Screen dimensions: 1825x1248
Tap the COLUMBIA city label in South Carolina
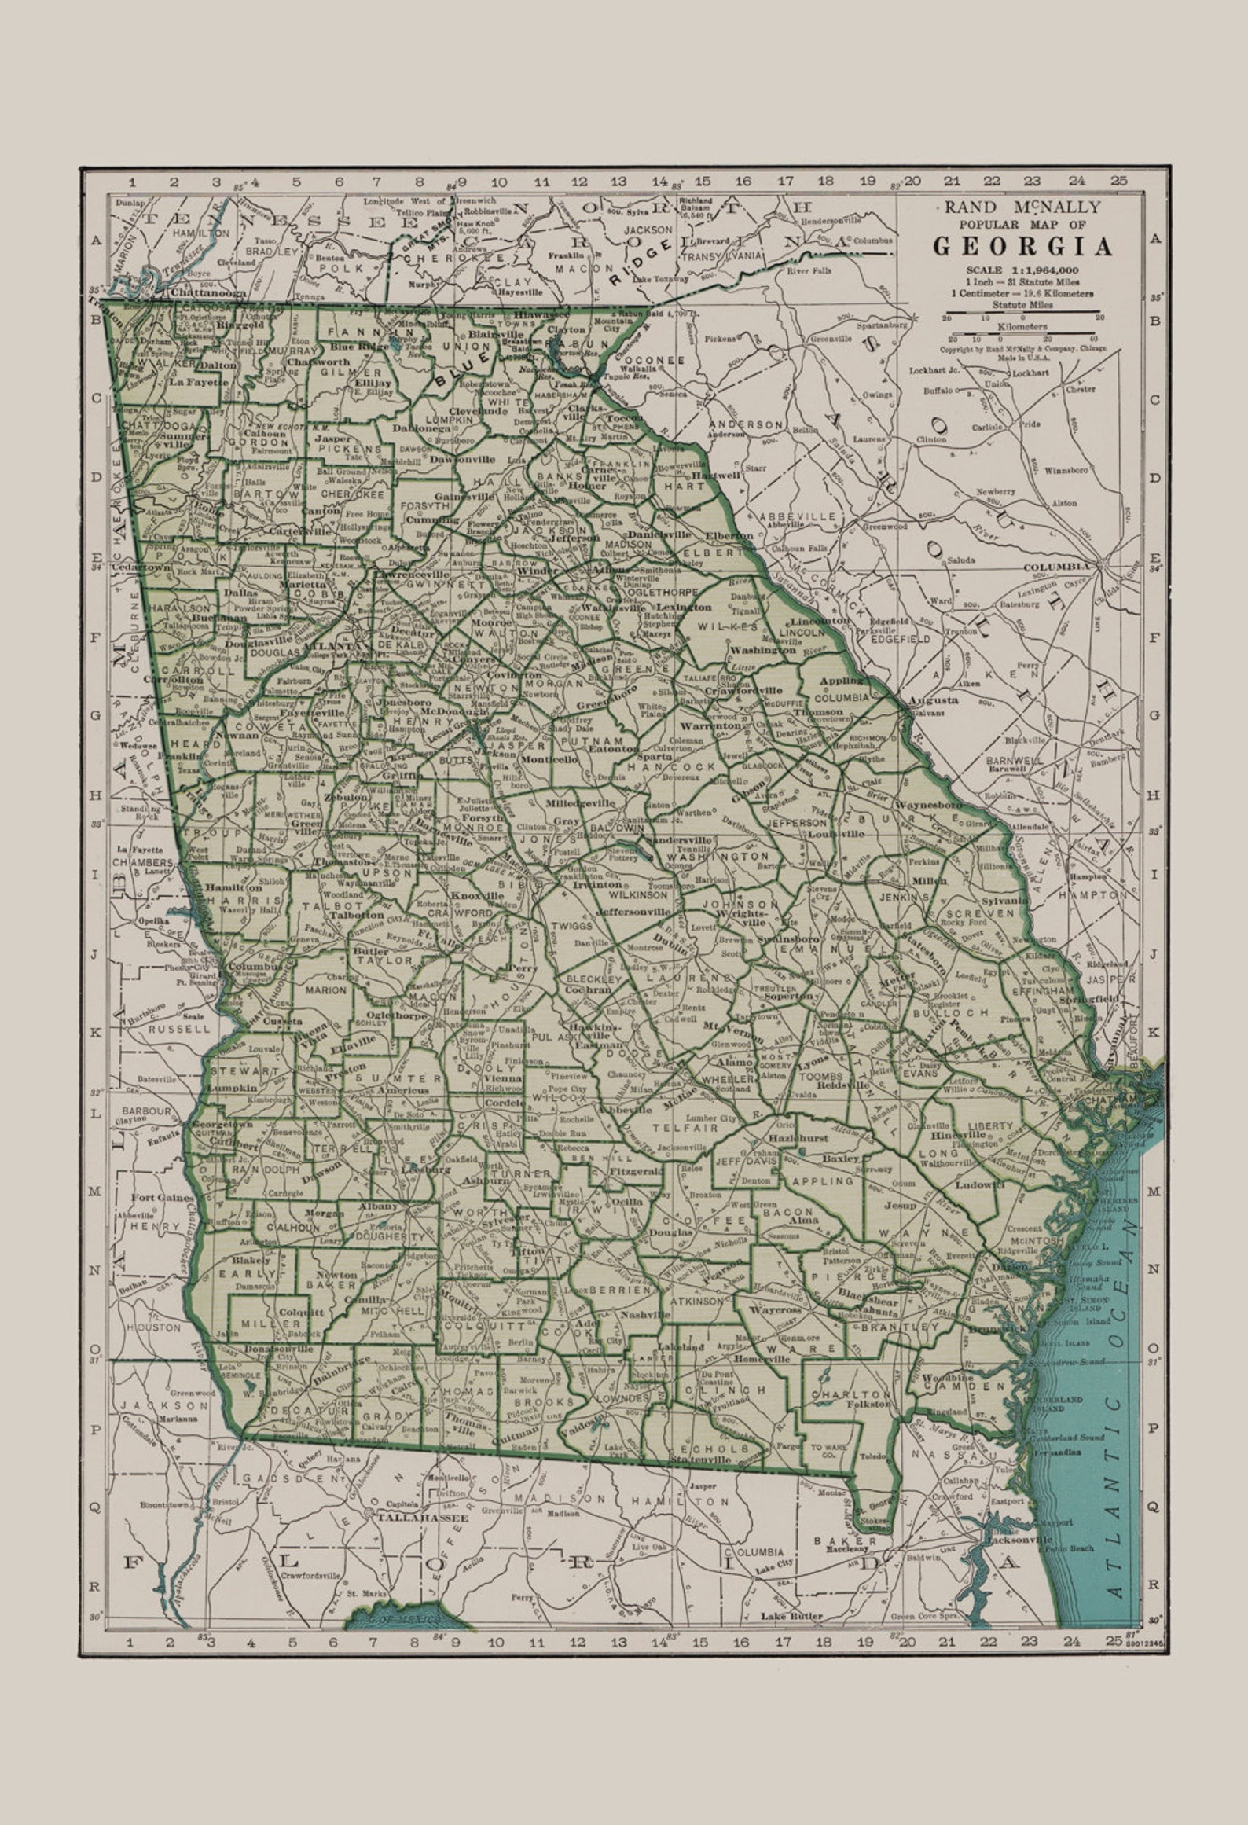[1056, 566]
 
